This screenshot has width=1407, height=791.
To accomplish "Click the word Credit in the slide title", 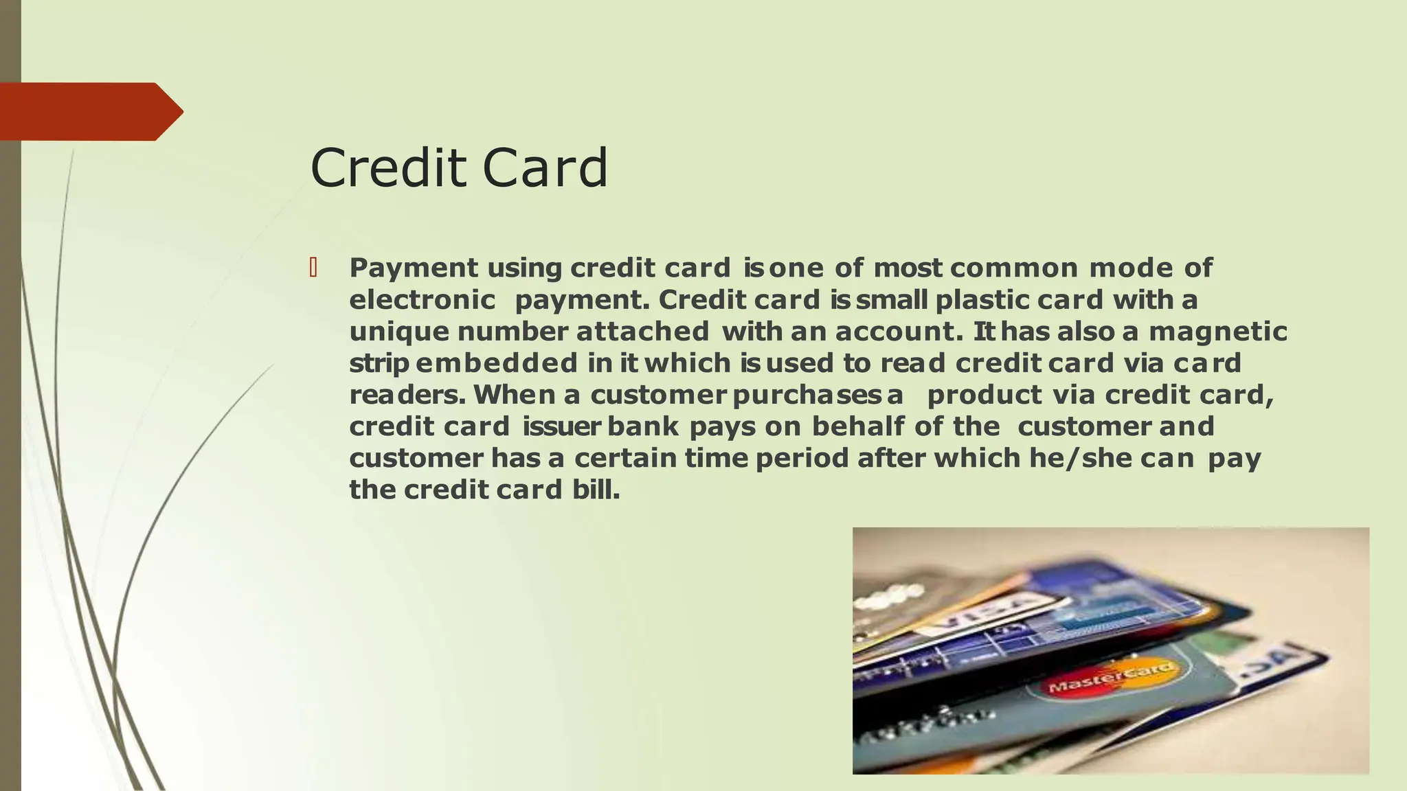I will click(x=389, y=168).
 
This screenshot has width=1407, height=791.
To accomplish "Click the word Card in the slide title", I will click(x=545, y=168).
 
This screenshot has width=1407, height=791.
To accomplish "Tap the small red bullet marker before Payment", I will click(x=313, y=267).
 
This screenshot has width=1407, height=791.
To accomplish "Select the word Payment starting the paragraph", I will click(x=413, y=268).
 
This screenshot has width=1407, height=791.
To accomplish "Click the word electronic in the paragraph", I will click(x=422, y=300).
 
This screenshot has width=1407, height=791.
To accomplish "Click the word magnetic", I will click(x=1217, y=332).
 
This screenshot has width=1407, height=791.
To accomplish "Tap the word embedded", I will click(x=496, y=363).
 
